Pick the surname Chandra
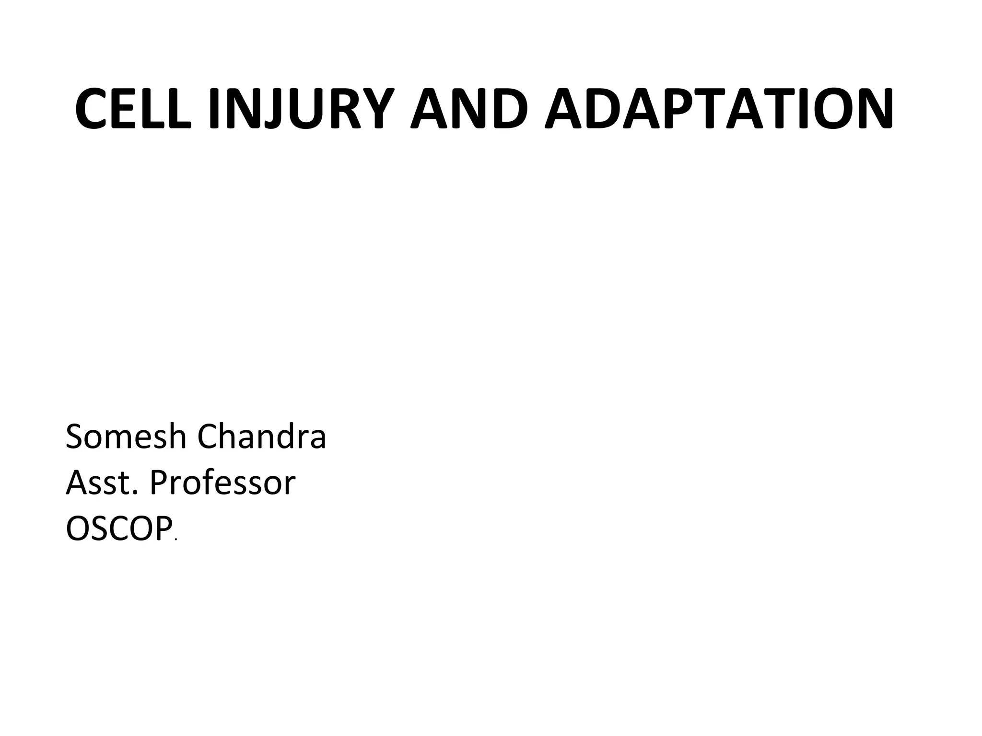pos(262,437)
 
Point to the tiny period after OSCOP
pos(176,540)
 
